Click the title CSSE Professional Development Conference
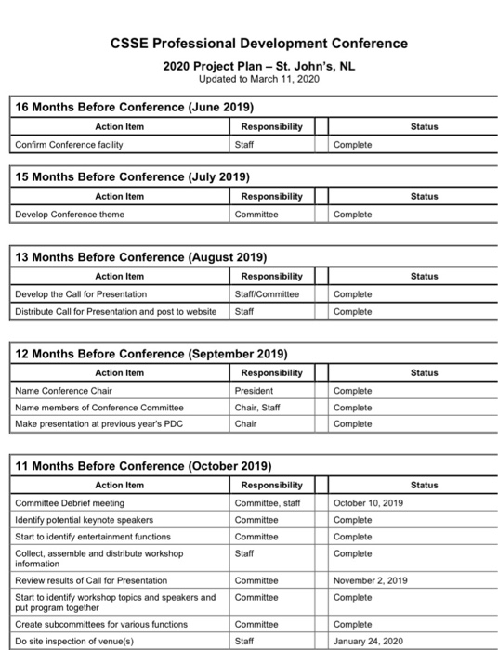click(258, 43)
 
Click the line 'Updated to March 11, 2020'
click(259, 81)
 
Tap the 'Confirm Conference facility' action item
click(69, 144)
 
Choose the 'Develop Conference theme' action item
click(70, 214)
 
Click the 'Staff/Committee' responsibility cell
click(269, 294)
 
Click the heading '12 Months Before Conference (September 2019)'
click(152, 354)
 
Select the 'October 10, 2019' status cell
click(368, 503)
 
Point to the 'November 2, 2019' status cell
click(371, 580)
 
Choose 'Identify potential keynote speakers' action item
click(85, 519)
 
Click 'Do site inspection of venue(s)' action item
click(74, 641)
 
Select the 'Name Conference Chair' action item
click(65, 391)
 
